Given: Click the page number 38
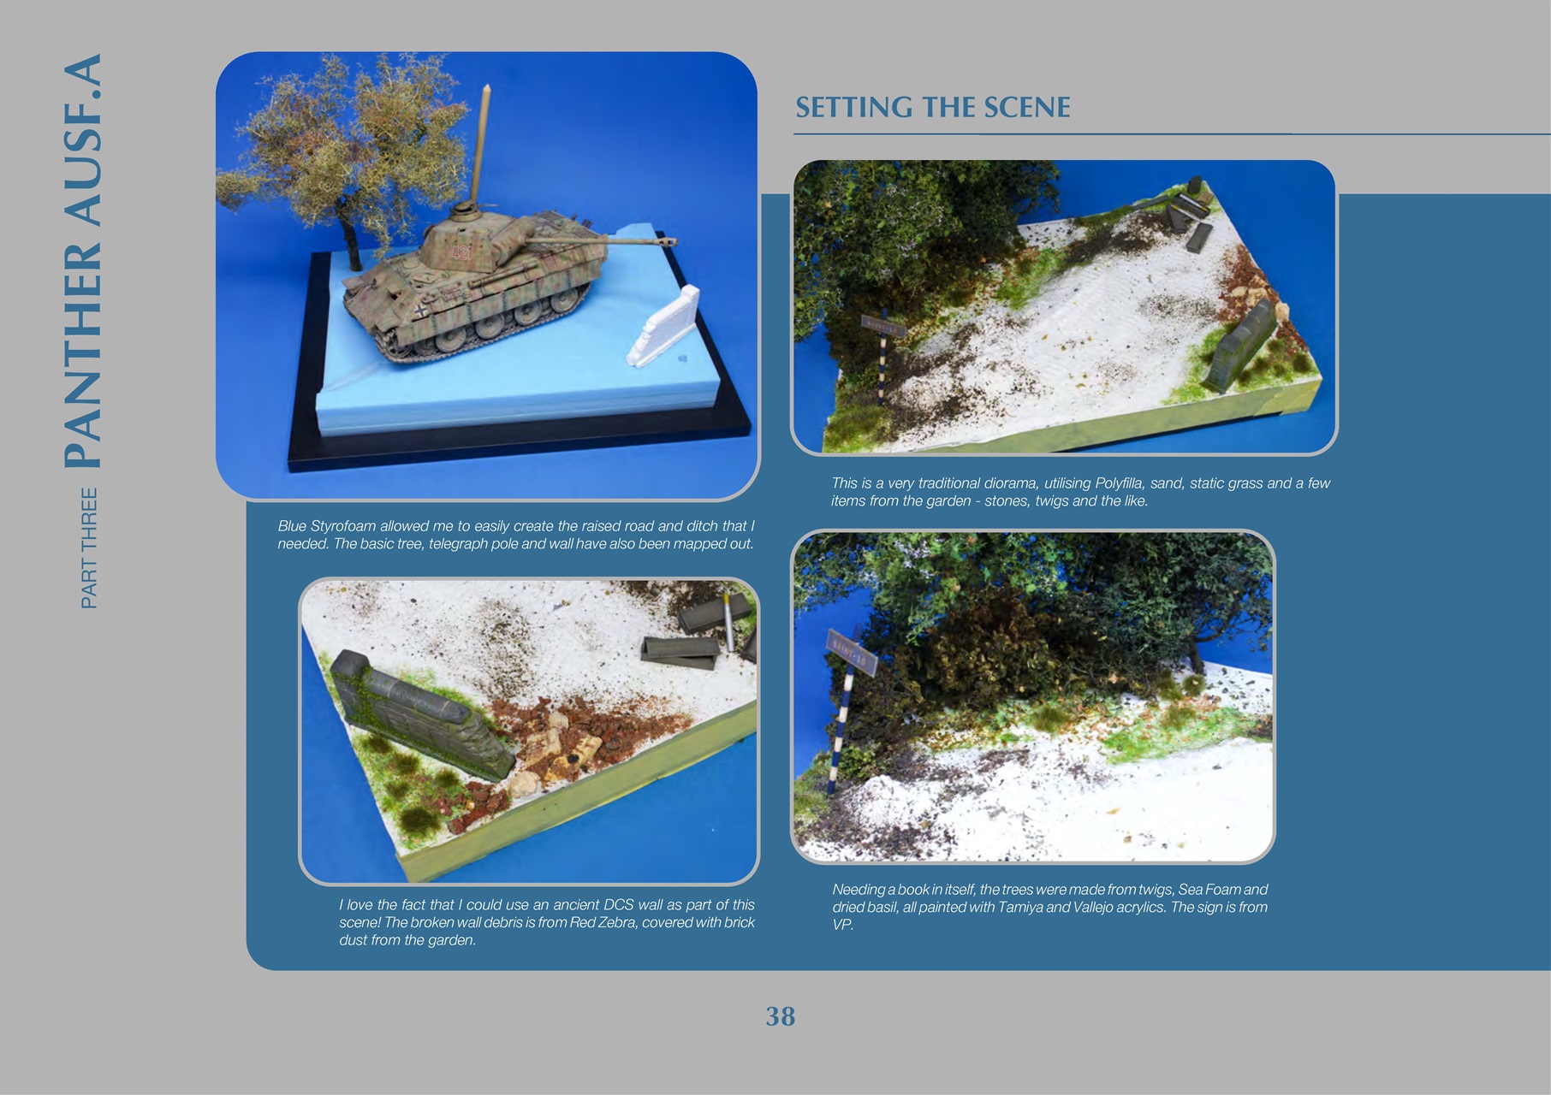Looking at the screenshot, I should pos(780,1016).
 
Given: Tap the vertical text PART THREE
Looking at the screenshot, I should pos(89,548).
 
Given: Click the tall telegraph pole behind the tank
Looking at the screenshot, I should pos(481,145).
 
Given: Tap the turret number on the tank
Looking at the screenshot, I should pos(462,252).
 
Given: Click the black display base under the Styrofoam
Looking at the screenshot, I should pos(514,449).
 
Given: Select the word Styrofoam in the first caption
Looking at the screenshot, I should pos(342,526).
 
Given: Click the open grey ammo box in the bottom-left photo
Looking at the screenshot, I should pos(679,653).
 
